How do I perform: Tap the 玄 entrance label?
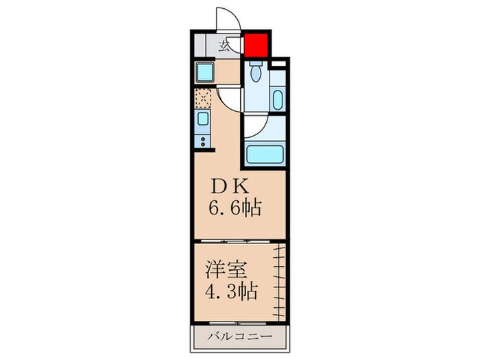(x=224, y=47)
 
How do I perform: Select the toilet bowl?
(x=255, y=72)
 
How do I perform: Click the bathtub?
(x=263, y=154)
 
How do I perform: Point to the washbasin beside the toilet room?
(x=277, y=98)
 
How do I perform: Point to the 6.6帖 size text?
(x=235, y=208)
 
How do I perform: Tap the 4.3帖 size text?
(x=231, y=291)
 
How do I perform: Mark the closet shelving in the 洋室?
(x=278, y=281)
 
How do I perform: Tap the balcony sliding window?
(x=237, y=322)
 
